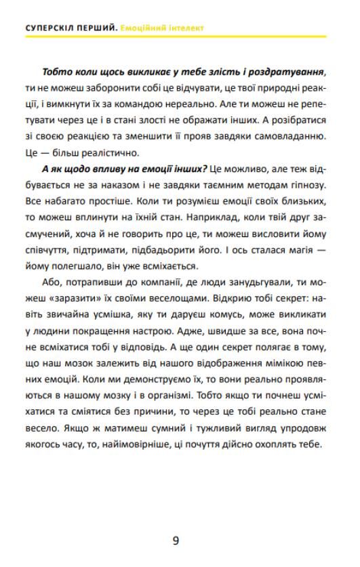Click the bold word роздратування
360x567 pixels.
(x=287, y=71)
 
